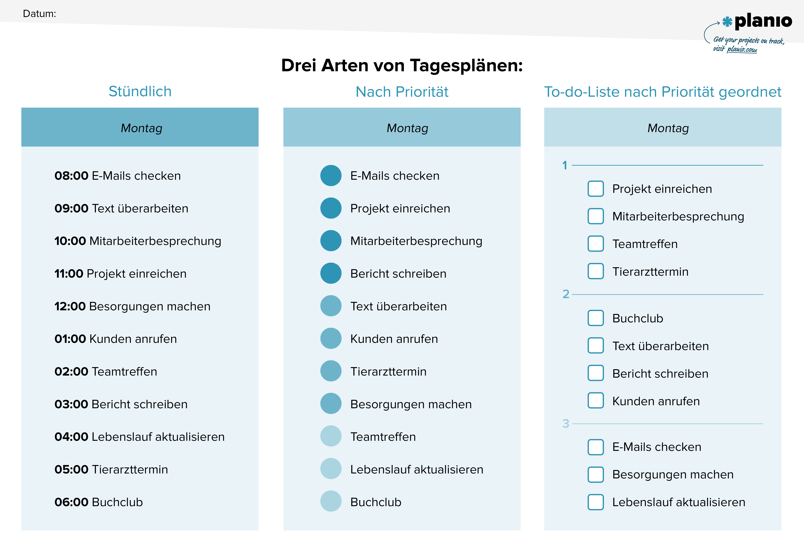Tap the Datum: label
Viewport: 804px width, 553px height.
[x=39, y=14]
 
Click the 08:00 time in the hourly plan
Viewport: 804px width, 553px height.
[x=71, y=176]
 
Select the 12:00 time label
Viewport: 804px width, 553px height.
[x=70, y=306]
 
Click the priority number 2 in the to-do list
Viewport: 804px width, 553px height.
[x=566, y=294]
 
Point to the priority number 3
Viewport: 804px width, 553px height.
[x=566, y=423]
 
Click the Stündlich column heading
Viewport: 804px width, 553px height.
[x=140, y=91]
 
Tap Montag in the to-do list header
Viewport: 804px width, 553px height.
[x=668, y=128]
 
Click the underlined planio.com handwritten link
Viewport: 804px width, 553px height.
[x=742, y=49]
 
